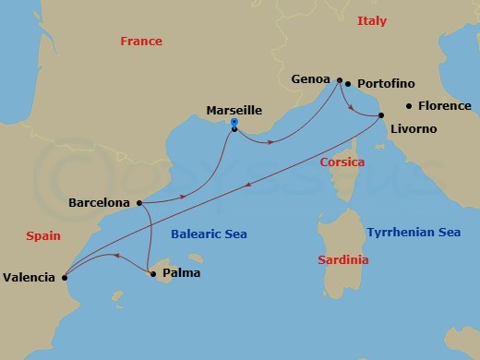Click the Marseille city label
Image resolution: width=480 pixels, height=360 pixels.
(234, 110)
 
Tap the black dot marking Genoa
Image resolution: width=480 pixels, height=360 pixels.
(340, 80)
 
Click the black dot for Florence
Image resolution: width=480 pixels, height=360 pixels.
(409, 105)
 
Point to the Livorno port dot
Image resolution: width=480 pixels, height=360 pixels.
(381, 115)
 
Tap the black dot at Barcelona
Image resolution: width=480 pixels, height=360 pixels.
(138, 202)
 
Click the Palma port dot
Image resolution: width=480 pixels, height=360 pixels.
(152, 273)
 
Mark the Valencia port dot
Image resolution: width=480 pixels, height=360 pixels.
(64, 275)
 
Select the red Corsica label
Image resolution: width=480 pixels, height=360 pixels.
(342, 162)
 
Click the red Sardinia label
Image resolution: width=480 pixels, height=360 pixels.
(342, 260)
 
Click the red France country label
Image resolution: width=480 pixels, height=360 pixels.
(141, 42)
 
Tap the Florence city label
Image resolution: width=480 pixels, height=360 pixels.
(445, 106)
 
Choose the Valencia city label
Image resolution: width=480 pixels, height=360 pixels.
(30, 276)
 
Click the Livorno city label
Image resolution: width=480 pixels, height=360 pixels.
(414, 128)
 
